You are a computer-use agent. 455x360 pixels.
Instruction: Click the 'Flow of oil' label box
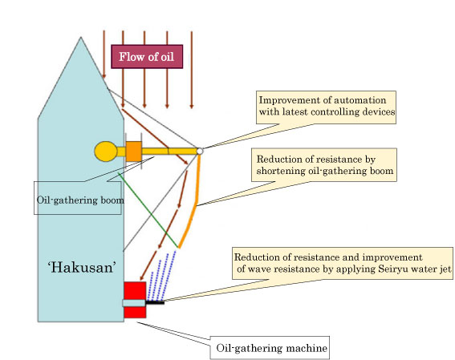(150, 56)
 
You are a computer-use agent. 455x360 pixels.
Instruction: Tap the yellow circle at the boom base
(106, 151)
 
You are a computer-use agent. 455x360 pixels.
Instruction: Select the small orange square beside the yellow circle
(133, 151)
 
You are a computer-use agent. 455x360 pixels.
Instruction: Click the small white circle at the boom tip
(200, 150)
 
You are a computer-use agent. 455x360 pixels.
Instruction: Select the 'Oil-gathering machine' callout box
(272, 349)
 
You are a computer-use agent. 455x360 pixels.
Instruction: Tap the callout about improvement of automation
(327, 107)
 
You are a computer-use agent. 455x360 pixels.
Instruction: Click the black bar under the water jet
(154, 302)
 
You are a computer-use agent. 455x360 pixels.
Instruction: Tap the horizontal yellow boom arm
(169, 151)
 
